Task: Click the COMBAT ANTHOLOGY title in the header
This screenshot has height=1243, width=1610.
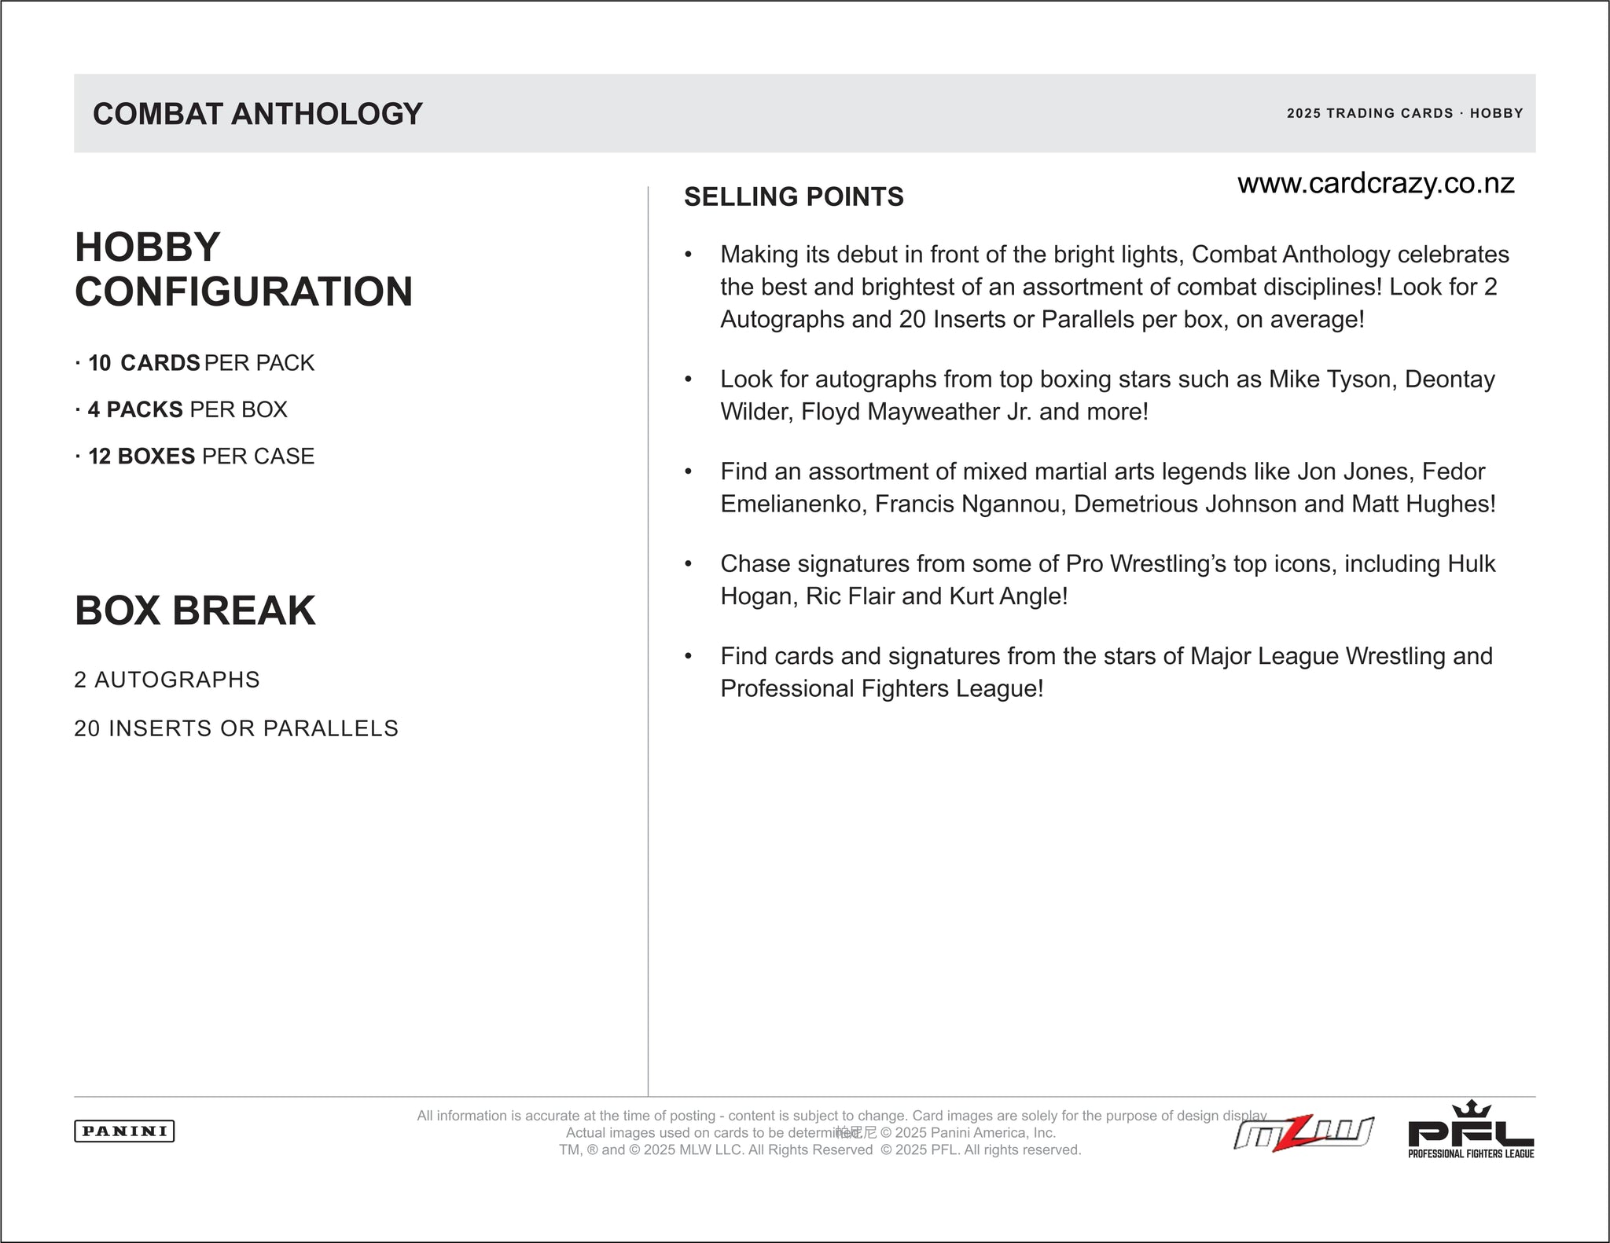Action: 258,114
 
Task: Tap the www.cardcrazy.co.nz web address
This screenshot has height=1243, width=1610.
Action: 1376,183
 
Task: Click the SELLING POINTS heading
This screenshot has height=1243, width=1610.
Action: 794,196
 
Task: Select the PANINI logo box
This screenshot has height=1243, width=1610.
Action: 124,1131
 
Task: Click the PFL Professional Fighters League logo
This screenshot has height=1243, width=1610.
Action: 1471,1131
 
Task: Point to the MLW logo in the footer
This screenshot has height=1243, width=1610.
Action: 1303,1134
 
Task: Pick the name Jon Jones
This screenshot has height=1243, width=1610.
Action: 1352,471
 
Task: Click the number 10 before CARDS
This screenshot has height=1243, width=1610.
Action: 100,363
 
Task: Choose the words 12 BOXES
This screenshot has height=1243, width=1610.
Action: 142,456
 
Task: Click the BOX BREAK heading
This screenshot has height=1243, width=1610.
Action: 195,610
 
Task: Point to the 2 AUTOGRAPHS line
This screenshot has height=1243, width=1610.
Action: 167,680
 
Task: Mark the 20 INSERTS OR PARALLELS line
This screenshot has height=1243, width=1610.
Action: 236,728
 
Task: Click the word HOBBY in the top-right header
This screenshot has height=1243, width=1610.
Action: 1496,113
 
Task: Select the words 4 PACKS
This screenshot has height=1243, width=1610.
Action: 135,409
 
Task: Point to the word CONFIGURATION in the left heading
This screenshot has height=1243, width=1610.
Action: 244,291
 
